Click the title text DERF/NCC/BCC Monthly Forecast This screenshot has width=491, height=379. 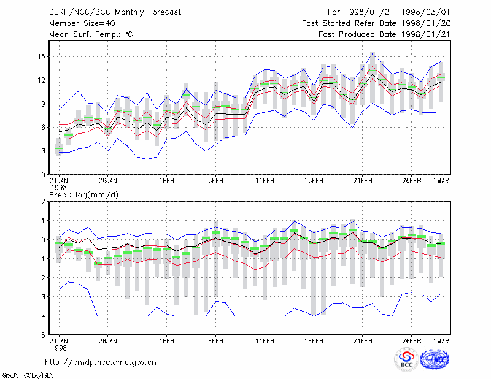point(115,12)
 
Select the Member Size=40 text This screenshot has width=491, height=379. point(82,23)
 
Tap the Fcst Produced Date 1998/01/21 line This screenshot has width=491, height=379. point(384,34)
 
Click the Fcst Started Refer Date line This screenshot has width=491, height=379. point(376,23)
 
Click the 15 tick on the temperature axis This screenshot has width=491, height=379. point(41,57)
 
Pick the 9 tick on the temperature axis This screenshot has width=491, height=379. point(43,104)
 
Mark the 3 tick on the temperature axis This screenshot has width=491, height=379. point(43,151)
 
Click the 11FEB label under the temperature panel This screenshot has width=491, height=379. point(265,181)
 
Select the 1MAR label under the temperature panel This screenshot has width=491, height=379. point(441,181)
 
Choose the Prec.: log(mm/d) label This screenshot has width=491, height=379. point(83,195)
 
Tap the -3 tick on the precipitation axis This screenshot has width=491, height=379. point(41,297)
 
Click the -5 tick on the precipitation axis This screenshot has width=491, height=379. point(41,335)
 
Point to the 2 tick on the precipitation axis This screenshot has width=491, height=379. point(43,202)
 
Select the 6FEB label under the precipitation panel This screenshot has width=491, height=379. point(215,341)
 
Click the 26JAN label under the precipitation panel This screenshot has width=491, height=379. point(108,341)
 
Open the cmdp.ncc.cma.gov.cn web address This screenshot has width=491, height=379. point(101,362)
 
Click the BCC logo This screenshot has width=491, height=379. point(406,359)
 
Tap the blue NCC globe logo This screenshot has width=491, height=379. point(435,359)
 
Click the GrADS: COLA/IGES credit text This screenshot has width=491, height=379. point(28,375)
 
